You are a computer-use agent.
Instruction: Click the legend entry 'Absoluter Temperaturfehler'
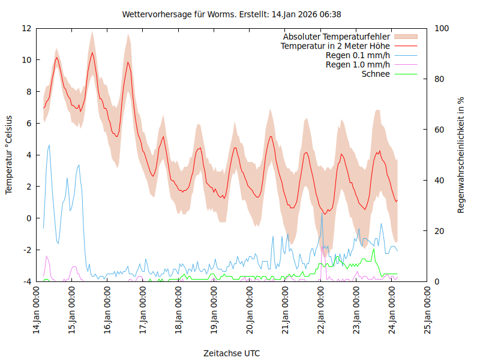(x=337, y=37)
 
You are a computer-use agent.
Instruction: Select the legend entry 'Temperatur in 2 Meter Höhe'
(x=335, y=46)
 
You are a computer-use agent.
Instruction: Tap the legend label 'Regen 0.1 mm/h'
(x=358, y=56)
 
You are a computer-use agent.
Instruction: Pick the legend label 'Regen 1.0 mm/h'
(x=358, y=65)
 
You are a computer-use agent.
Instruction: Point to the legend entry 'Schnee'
(x=376, y=74)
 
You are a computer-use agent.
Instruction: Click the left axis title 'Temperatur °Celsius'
(x=9, y=155)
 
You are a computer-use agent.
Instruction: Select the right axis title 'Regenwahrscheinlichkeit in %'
(x=461, y=155)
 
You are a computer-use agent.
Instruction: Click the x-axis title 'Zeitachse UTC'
(x=232, y=353)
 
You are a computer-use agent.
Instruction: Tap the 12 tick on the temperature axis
(x=26, y=28)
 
